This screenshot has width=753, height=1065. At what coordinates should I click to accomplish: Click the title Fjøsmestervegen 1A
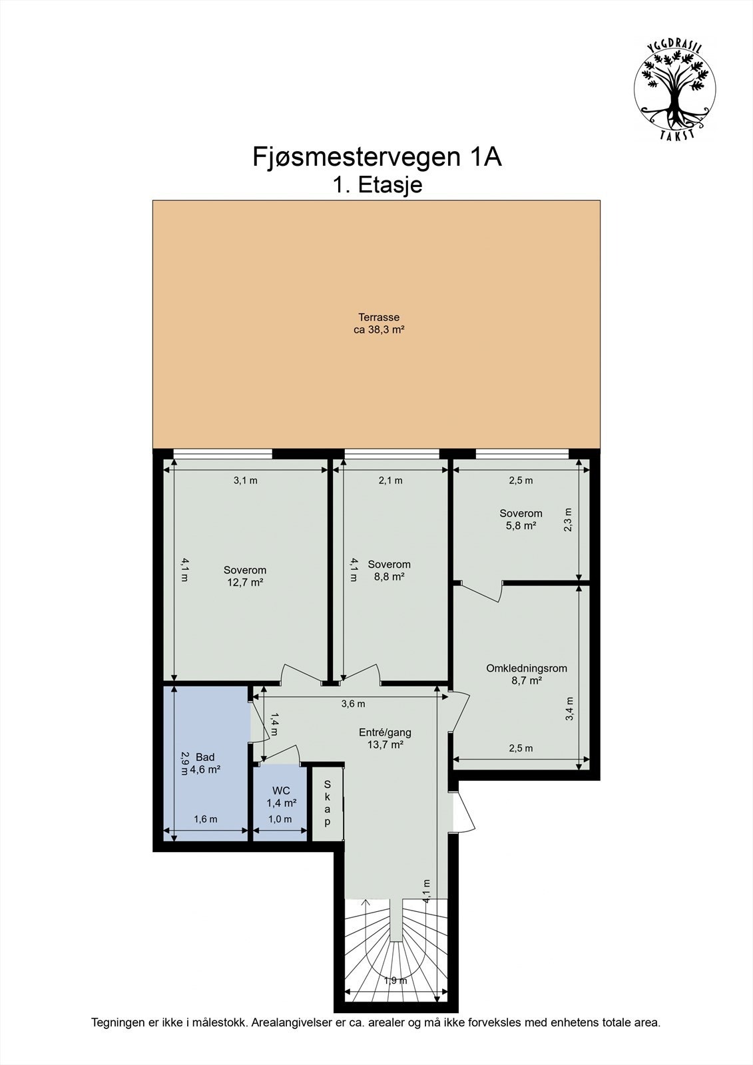click(377, 157)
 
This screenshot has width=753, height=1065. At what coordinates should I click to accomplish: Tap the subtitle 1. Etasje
click(377, 185)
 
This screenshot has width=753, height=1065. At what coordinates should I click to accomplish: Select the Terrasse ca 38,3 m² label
click(379, 323)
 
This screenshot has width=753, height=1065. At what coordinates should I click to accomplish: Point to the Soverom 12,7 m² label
click(245, 576)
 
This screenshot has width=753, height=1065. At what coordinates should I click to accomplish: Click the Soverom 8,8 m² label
click(389, 570)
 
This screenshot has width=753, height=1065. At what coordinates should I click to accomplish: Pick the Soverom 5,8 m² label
click(521, 519)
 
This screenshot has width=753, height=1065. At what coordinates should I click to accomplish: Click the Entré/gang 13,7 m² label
click(385, 738)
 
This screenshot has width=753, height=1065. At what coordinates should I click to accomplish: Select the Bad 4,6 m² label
click(205, 763)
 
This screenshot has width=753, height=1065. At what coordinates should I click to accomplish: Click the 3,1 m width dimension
click(246, 480)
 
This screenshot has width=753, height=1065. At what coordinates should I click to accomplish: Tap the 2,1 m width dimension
click(391, 480)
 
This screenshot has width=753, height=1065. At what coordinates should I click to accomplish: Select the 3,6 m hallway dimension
click(353, 704)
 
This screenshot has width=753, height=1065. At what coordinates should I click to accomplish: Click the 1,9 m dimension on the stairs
click(395, 980)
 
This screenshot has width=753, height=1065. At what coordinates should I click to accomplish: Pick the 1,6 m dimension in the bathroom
click(206, 819)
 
